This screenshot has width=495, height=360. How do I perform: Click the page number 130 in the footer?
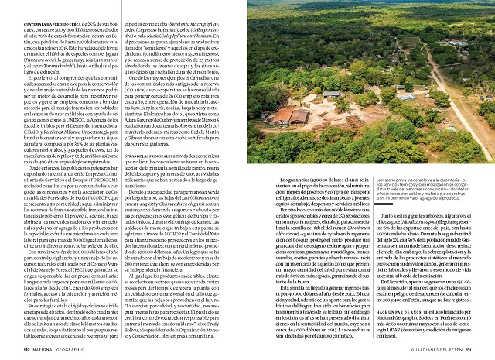coord(8,351)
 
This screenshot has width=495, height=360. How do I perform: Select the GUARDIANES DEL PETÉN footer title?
coord(445,351)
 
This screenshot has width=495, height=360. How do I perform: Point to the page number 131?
coord(486,351)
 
